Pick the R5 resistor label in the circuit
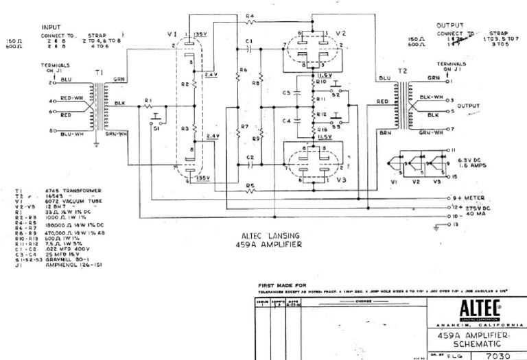point(250,185)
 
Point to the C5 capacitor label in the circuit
point(287,91)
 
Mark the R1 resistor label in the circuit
point(147,101)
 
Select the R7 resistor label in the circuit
point(244,128)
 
